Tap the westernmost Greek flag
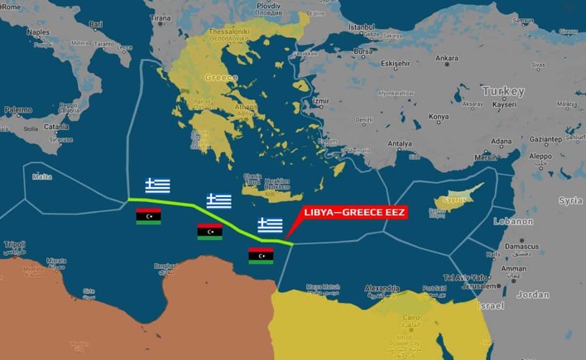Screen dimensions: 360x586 coord(158,185)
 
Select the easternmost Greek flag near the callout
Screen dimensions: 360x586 coord(270,225)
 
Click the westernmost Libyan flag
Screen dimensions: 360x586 coord(148,216)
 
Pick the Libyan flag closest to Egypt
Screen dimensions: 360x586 coord(261,256)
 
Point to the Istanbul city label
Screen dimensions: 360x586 coord(362,27)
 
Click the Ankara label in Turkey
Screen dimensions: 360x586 coord(446,58)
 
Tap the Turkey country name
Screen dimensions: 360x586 coord(503,91)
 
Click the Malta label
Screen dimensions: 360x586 coord(41,176)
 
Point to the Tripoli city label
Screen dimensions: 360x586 coord(14,245)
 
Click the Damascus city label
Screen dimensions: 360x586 coord(521,247)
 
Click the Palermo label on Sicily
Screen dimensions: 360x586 coord(18,109)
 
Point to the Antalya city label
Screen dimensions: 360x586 coord(400,143)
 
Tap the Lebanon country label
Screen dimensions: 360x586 coord(512,222)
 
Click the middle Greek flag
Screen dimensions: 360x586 coord(219,200)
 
